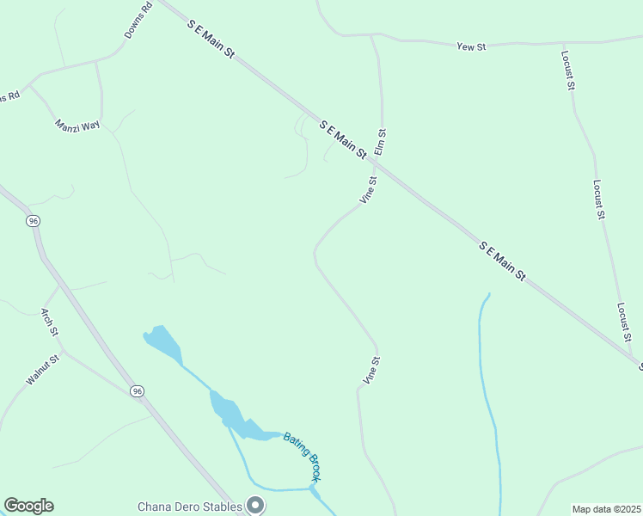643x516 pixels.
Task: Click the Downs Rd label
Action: [138, 20]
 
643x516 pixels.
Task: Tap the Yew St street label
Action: [471, 46]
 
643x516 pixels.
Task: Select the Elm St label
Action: [380, 142]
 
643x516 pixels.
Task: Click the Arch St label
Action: [50, 322]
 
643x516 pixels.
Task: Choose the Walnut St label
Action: [40, 369]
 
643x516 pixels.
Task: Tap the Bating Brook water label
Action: [302, 456]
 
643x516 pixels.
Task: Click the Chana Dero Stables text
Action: [190, 506]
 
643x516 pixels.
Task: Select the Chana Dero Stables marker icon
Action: [254, 505]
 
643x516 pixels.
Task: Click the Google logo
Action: [28, 506]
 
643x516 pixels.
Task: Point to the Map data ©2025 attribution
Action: [606, 509]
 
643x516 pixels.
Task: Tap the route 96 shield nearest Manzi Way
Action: [34, 221]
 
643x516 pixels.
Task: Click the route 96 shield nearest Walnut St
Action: [138, 391]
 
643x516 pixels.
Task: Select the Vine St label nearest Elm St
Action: [368, 190]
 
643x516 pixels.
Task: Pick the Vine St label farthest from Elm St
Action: [371, 370]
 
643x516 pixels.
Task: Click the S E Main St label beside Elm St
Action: [343, 139]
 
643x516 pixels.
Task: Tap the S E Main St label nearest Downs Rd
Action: [211, 40]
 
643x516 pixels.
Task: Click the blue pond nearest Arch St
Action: [163, 343]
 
